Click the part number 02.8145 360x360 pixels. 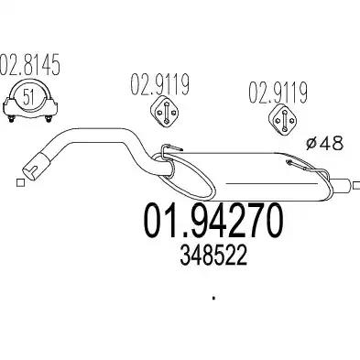click(x=29, y=65)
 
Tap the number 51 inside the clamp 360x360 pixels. click(x=28, y=97)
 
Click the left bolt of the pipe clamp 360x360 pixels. click(x=12, y=118)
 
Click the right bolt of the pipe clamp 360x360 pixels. click(x=48, y=118)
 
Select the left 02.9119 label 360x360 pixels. click(x=160, y=83)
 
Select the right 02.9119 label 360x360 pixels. click(x=278, y=93)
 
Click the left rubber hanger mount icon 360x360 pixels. click(x=165, y=113)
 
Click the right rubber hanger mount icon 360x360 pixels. click(x=285, y=120)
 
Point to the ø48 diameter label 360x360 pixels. click(x=324, y=143)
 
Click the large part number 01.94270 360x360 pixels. click(x=213, y=221)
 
